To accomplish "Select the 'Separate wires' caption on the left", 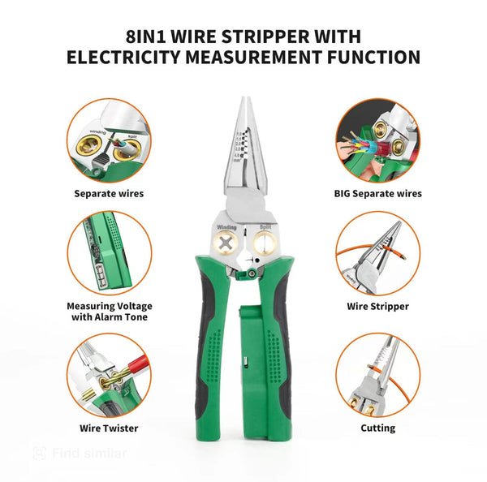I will point(109,193).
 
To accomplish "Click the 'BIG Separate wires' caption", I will point(377,193).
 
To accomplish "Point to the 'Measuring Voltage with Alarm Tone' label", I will point(109,312).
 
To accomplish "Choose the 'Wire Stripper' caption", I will point(377,307).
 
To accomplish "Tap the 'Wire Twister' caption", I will point(109,428).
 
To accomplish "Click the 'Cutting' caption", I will point(377,428).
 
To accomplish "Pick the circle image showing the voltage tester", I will point(109,253).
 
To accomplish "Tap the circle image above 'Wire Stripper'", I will point(377,253).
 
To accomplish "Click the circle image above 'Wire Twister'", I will point(109,375).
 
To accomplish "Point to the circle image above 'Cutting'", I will point(377,375).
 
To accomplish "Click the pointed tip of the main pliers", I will point(243,102).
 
